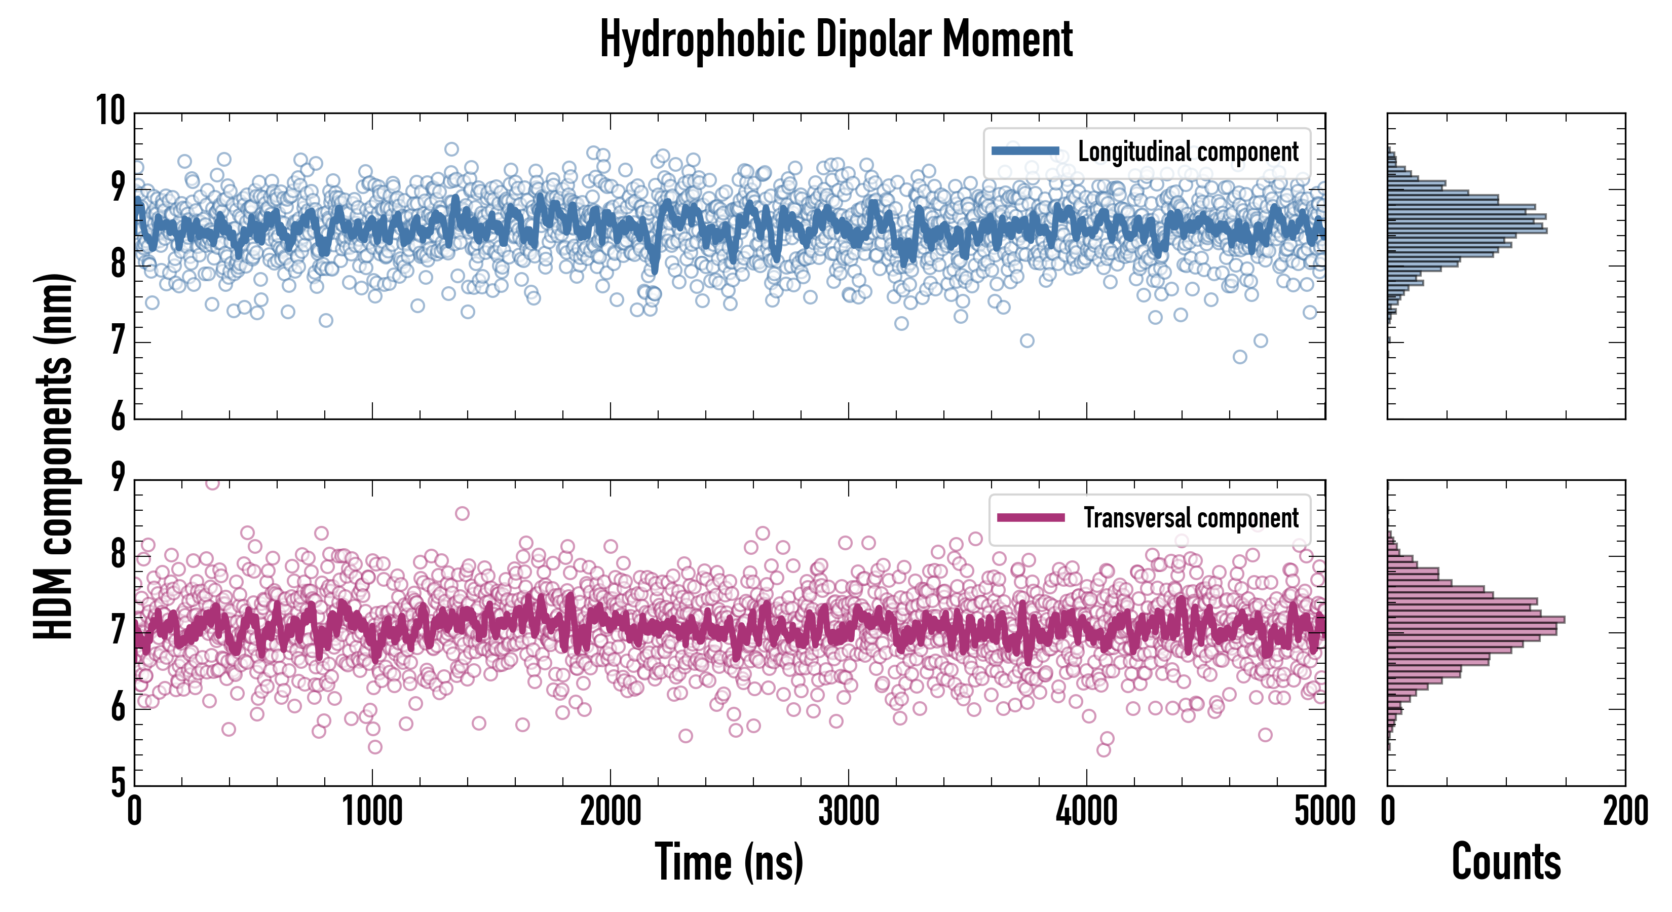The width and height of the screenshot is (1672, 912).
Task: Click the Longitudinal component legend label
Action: pos(1188,152)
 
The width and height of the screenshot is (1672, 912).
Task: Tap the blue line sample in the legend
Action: pos(1025,151)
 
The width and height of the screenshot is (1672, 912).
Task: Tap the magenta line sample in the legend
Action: pos(1031,517)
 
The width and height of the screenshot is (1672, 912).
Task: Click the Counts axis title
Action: pos(1506,862)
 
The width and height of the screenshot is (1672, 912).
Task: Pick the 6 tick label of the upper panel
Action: pos(118,416)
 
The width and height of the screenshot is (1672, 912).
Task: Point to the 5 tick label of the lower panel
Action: pos(118,783)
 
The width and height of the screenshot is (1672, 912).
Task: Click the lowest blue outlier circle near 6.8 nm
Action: pos(1240,357)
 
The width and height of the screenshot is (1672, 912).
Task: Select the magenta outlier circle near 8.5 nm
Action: pos(462,513)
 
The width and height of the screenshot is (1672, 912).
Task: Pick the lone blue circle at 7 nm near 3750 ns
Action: pos(1027,341)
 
